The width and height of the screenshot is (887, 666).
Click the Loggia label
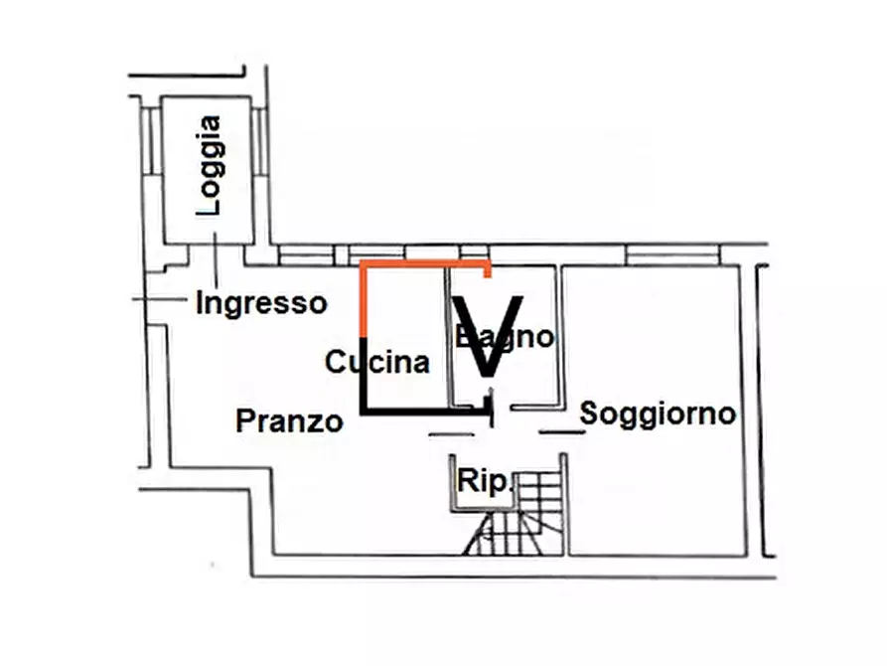click(210, 166)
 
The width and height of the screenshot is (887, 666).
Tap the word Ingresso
click(261, 302)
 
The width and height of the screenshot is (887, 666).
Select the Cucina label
click(378, 362)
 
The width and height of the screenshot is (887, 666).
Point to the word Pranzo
click(289, 421)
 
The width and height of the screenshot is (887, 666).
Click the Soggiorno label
click(658, 413)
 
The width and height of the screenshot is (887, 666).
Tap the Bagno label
click(505, 336)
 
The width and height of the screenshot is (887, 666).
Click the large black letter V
click(488, 334)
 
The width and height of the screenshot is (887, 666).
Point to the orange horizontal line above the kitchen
click(422, 264)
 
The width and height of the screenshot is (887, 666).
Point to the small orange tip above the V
click(487, 271)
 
